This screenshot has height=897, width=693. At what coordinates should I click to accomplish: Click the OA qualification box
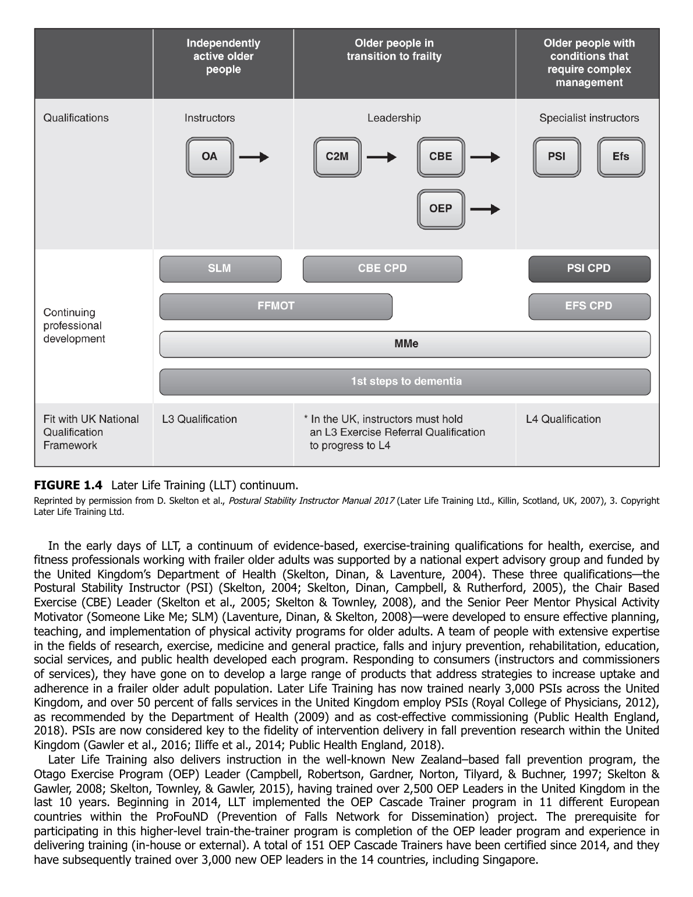(x=209, y=157)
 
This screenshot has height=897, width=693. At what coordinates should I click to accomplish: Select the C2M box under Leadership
(x=337, y=157)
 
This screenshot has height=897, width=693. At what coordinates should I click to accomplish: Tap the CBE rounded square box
(x=440, y=157)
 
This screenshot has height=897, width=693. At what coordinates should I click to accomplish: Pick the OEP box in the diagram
(x=440, y=209)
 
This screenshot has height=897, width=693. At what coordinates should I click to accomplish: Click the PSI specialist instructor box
(x=556, y=157)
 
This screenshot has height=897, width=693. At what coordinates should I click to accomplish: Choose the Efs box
(x=620, y=157)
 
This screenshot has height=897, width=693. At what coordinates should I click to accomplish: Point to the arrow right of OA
(x=254, y=157)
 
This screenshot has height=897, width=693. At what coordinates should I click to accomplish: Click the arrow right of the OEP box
(x=485, y=209)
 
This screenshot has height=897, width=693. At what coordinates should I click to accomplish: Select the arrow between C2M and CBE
(x=381, y=157)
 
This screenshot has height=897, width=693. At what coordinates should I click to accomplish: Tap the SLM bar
(x=220, y=269)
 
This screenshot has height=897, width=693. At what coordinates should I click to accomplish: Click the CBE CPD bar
(x=382, y=269)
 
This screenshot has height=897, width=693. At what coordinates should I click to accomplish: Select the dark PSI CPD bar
(x=589, y=269)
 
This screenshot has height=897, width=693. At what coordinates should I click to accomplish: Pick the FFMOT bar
(x=275, y=306)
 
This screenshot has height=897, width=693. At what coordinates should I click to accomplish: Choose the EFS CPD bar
(x=589, y=306)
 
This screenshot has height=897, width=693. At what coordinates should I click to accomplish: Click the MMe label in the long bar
(x=406, y=344)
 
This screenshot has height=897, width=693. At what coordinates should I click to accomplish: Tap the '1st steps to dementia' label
(x=406, y=382)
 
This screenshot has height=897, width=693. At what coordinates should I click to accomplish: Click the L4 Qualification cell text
(x=563, y=419)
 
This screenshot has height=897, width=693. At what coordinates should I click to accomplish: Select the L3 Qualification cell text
(x=199, y=419)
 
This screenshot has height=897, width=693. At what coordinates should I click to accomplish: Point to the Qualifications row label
(x=76, y=118)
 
